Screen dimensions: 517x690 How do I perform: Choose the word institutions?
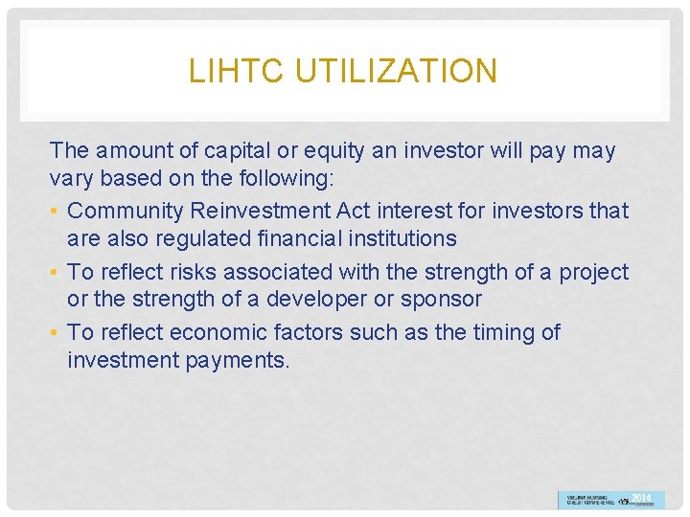[396, 237]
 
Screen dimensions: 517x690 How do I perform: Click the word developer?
[320, 299]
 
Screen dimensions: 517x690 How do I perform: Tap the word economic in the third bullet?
[226, 332]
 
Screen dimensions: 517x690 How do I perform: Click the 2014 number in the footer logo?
[642, 499]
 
